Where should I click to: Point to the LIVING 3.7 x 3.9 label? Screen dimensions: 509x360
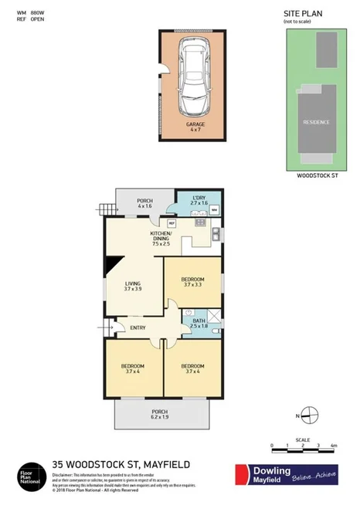134,287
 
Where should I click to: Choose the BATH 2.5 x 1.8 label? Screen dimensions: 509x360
199,324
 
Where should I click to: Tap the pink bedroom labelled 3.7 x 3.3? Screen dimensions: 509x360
192,282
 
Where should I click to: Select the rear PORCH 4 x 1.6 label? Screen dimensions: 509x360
145,202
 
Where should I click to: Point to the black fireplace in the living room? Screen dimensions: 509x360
111,265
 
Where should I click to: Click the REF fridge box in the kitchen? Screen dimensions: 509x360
172,224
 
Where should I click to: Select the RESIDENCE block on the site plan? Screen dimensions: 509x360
316,122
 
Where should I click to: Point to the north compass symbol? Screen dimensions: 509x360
307,415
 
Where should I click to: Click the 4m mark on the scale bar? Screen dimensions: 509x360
332,446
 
